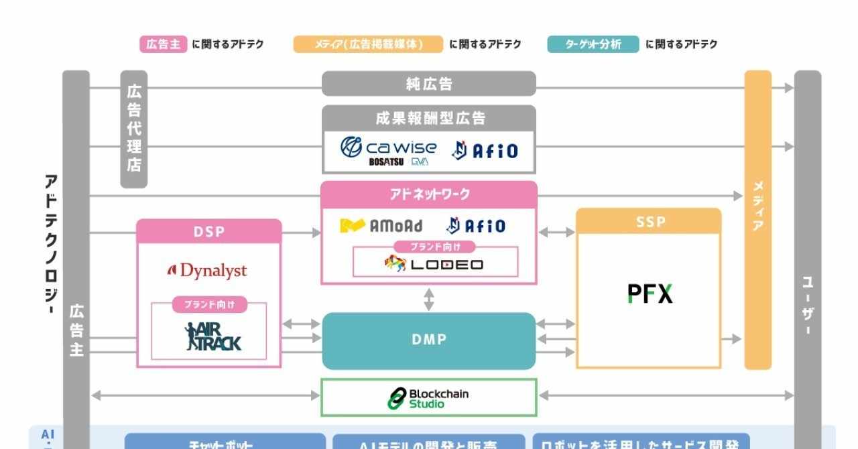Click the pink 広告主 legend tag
[163, 44]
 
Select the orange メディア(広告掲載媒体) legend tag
[368, 44]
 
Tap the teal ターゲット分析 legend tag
[593, 44]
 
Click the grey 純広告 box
[429, 84]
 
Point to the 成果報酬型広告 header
[429, 119]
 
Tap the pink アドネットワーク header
[429, 194]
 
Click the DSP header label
[209, 232]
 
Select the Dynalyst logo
[207, 271]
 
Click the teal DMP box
[429, 340]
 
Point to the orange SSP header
[649, 222]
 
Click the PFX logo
[650, 294]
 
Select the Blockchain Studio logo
[428, 398]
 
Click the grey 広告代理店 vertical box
[134, 129]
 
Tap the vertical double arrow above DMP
[429, 299]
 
